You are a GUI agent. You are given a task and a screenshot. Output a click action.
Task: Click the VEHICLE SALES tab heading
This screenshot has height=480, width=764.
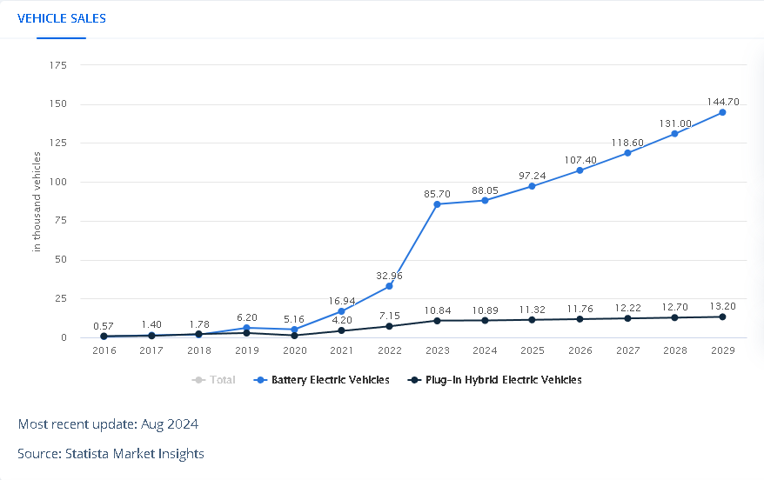[x=62, y=18]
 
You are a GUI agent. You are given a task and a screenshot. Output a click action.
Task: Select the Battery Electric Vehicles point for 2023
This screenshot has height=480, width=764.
[x=437, y=204]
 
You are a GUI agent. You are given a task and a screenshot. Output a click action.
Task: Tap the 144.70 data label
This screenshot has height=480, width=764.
[x=722, y=101]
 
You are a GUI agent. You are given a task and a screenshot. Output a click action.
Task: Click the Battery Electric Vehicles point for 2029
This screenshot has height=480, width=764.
[x=722, y=113]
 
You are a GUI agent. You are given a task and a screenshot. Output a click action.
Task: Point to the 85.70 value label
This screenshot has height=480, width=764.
[x=437, y=192]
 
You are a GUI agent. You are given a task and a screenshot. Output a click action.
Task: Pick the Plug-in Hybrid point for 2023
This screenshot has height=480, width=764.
[x=437, y=321]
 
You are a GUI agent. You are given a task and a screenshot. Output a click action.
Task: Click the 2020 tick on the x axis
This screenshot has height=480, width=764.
[x=294, y=350]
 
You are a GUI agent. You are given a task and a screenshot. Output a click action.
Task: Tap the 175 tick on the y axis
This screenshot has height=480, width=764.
[x=59, y=65]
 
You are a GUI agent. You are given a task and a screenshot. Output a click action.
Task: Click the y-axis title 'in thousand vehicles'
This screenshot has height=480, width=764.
[x=37, y=202]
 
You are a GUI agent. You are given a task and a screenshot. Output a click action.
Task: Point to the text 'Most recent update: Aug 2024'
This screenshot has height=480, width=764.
[x=108, y=424]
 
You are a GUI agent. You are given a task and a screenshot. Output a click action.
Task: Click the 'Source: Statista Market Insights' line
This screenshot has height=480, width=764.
[x=111, y=454]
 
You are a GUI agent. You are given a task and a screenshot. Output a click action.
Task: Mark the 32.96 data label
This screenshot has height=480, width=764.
[x=389, y=276]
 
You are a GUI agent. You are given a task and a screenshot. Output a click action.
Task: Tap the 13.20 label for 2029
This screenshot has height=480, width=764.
[x=722, y=306]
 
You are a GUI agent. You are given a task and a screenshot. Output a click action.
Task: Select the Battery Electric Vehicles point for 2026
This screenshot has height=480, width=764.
[x=580, y=170]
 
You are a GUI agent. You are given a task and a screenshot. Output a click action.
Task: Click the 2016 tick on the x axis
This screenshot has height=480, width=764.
[x=104, y=350]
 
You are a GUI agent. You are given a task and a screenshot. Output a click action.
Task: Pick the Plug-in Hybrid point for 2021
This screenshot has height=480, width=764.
[x=342, y=330]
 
